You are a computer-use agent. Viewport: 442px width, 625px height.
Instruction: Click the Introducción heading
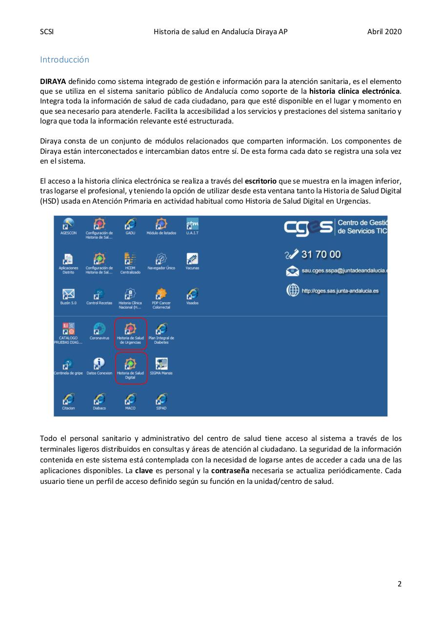point(64,60)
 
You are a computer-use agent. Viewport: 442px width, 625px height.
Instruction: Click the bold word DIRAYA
point(53,81)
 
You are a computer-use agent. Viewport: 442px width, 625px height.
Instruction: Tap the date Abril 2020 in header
point(384,32)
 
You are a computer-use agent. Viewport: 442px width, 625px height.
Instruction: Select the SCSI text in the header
point(46,32)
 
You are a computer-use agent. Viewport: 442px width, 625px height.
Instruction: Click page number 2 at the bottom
point(400,583)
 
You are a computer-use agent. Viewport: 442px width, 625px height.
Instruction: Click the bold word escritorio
point(261,181)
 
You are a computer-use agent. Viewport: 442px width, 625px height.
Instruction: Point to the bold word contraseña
point(230,471)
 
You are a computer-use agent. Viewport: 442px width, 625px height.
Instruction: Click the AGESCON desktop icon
point(68,225)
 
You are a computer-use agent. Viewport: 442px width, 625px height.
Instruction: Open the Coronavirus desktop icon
point(99,329)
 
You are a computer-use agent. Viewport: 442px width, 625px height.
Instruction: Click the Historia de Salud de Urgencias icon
point(130,330)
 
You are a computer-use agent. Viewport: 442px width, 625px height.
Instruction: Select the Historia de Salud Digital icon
point(130,364)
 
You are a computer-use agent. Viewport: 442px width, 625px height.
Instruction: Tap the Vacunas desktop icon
point(192,259)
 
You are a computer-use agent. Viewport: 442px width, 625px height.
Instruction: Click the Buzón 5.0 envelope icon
point(68,294)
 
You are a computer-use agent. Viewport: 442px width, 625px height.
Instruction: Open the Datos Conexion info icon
point(99,364)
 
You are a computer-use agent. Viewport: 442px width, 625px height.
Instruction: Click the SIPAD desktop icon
point(161,399)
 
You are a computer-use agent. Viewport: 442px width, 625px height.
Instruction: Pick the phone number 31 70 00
point(321,254)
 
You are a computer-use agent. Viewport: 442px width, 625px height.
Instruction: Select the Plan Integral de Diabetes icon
point(161,330)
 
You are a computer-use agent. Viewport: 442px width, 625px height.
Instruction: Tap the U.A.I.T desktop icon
point(192,225)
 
